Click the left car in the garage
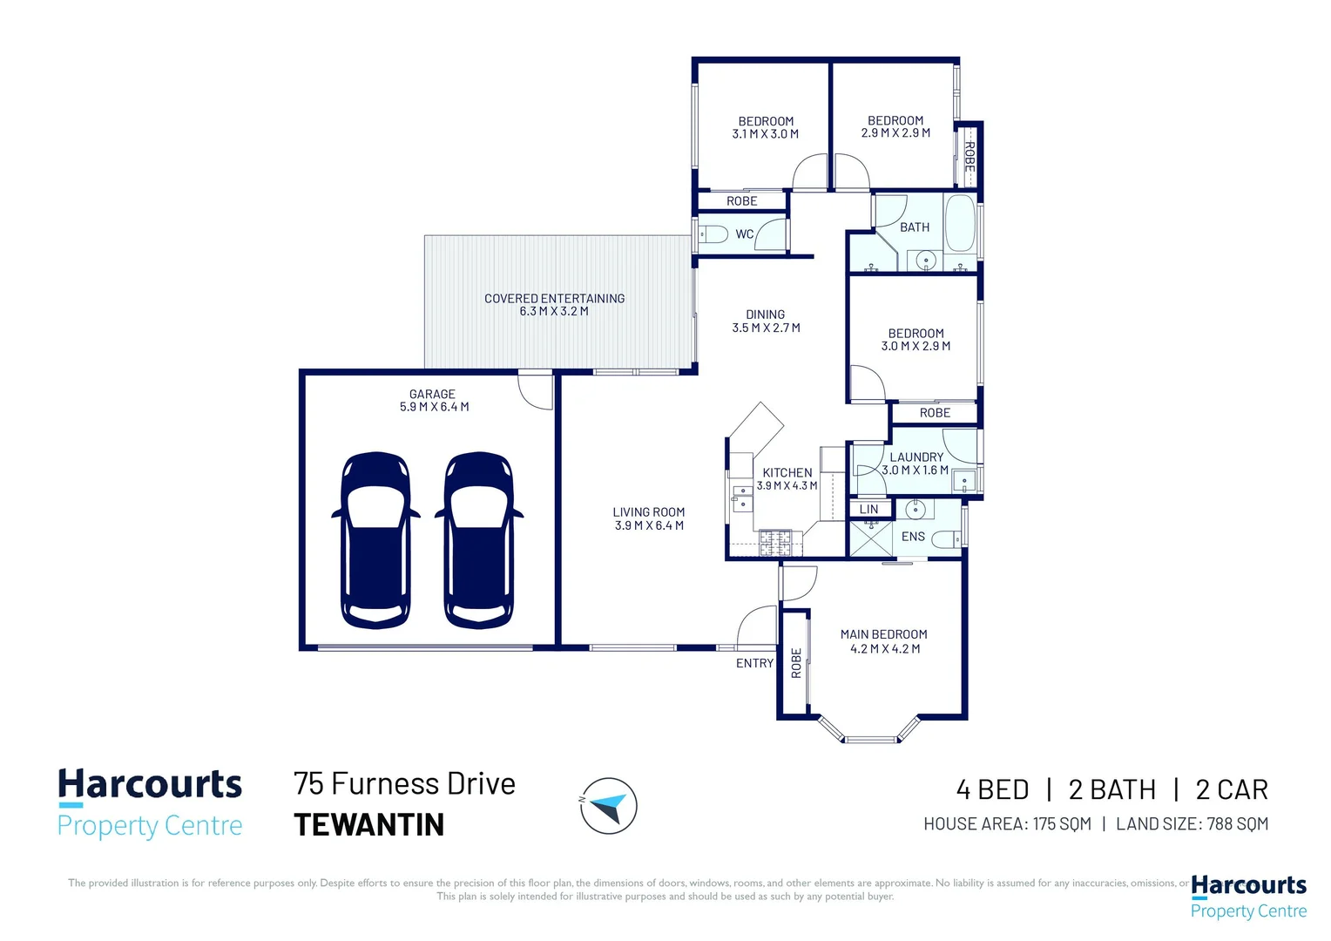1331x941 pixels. click(375, 539)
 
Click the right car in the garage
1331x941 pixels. click(479, 539)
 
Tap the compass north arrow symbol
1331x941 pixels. click(609, 806)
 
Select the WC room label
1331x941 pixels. click(744, 234)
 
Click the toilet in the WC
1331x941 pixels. click(713, 234)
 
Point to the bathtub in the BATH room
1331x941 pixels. click(960, 223)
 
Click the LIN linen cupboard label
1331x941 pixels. click(868, 510)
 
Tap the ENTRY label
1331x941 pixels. click(754, 663)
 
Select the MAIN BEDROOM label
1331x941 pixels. click(883, 634)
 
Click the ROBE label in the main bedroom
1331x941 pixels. click(796, 663)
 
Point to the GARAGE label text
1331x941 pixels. click(432, 394)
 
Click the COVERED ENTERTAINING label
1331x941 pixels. click(554, 298)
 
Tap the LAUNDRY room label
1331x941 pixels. click(916, 457)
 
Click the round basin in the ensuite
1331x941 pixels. click(915, 510)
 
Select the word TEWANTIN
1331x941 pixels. click(369, 824)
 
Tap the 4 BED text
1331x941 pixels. click(992, 790)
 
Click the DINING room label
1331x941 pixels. click(766, 315)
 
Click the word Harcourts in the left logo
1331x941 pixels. click(150, 784)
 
